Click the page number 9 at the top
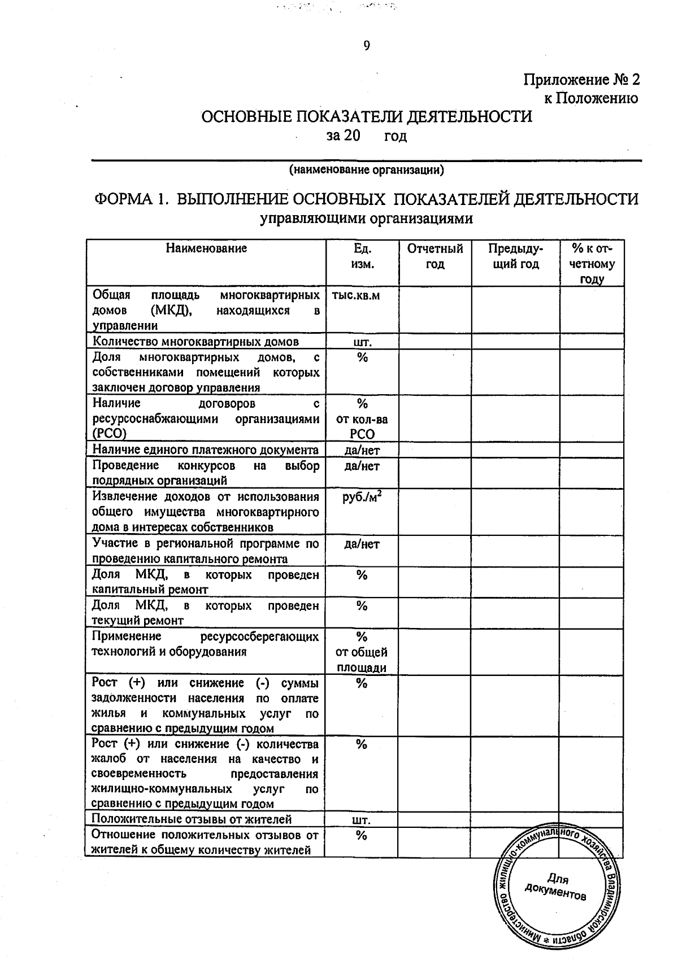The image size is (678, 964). pyautogui.click(x=367, y=46)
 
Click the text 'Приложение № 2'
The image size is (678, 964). pyautogui.click(x=582, y=80)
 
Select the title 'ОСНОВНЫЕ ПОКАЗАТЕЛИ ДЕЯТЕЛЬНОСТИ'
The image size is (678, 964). pyautogui.click(x=367, y=117)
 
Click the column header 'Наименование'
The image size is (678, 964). pyautogui.click(x=206, y=248)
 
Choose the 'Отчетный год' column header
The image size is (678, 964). pyautogui.click(x=435, y=256)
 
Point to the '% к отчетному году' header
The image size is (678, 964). pyautogui.click(x=592, y=264)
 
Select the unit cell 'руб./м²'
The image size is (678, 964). pyautogui.click(x=362, y=498)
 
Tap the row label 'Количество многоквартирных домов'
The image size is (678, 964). pyautogui.click(x=195, y=342)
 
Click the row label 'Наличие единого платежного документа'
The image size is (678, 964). pyautogui.click(x=206, y=450)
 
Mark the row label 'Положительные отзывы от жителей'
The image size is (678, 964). pyautogui.click(x=192, y=819)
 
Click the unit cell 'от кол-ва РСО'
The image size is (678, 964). pyautogui.click(x=362, y=427)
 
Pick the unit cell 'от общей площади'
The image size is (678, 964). pyautogui.click(x=362, y=660)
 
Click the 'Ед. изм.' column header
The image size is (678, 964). pyautogui.click(x=362, y=256)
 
